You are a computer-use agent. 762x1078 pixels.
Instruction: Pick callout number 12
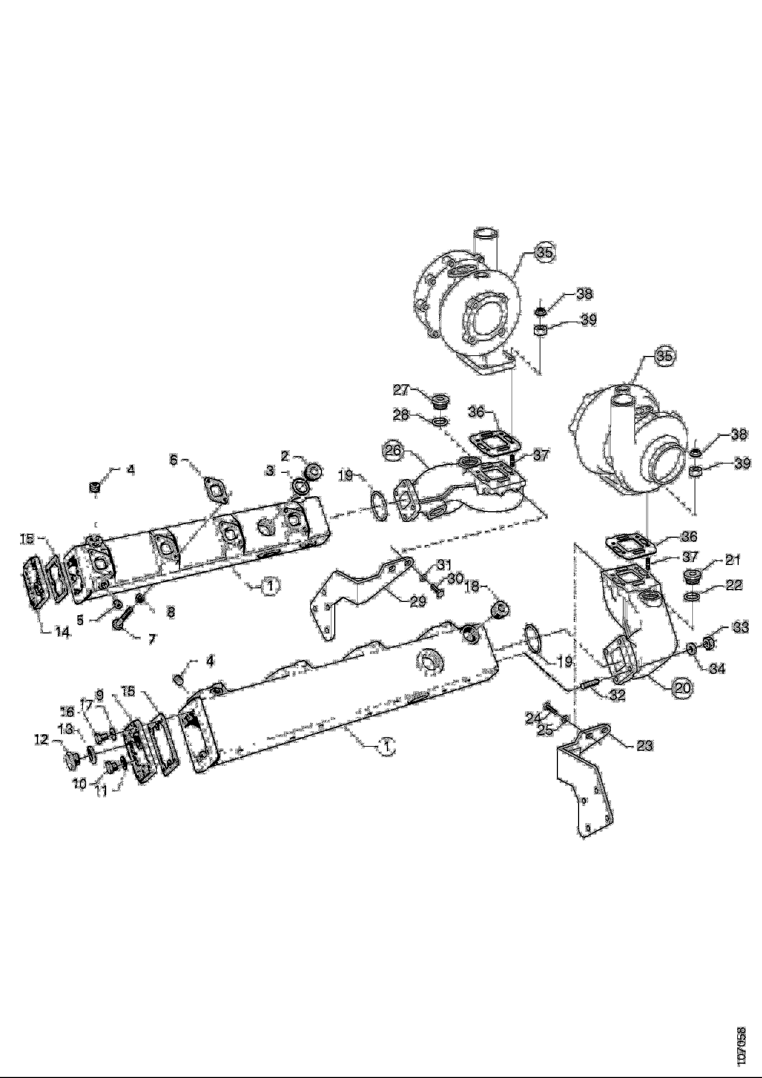(41, 740)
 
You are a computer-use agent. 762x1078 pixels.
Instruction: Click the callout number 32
(617, 695)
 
